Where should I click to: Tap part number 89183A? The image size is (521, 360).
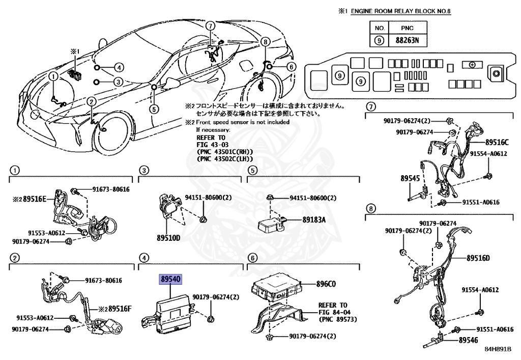tap(314, 219)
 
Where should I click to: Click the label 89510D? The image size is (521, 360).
tap(168, 238)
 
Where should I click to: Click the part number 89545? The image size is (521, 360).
tap(410, 179)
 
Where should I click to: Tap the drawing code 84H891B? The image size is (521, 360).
tap(497, 349)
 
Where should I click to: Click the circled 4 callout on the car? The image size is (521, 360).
tap(118, 67)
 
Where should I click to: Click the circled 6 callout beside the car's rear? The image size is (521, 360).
tap(291, 67)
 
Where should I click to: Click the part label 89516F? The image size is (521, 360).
tap(118, 309)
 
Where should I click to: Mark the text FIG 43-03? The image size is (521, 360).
tap(210, 145)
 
